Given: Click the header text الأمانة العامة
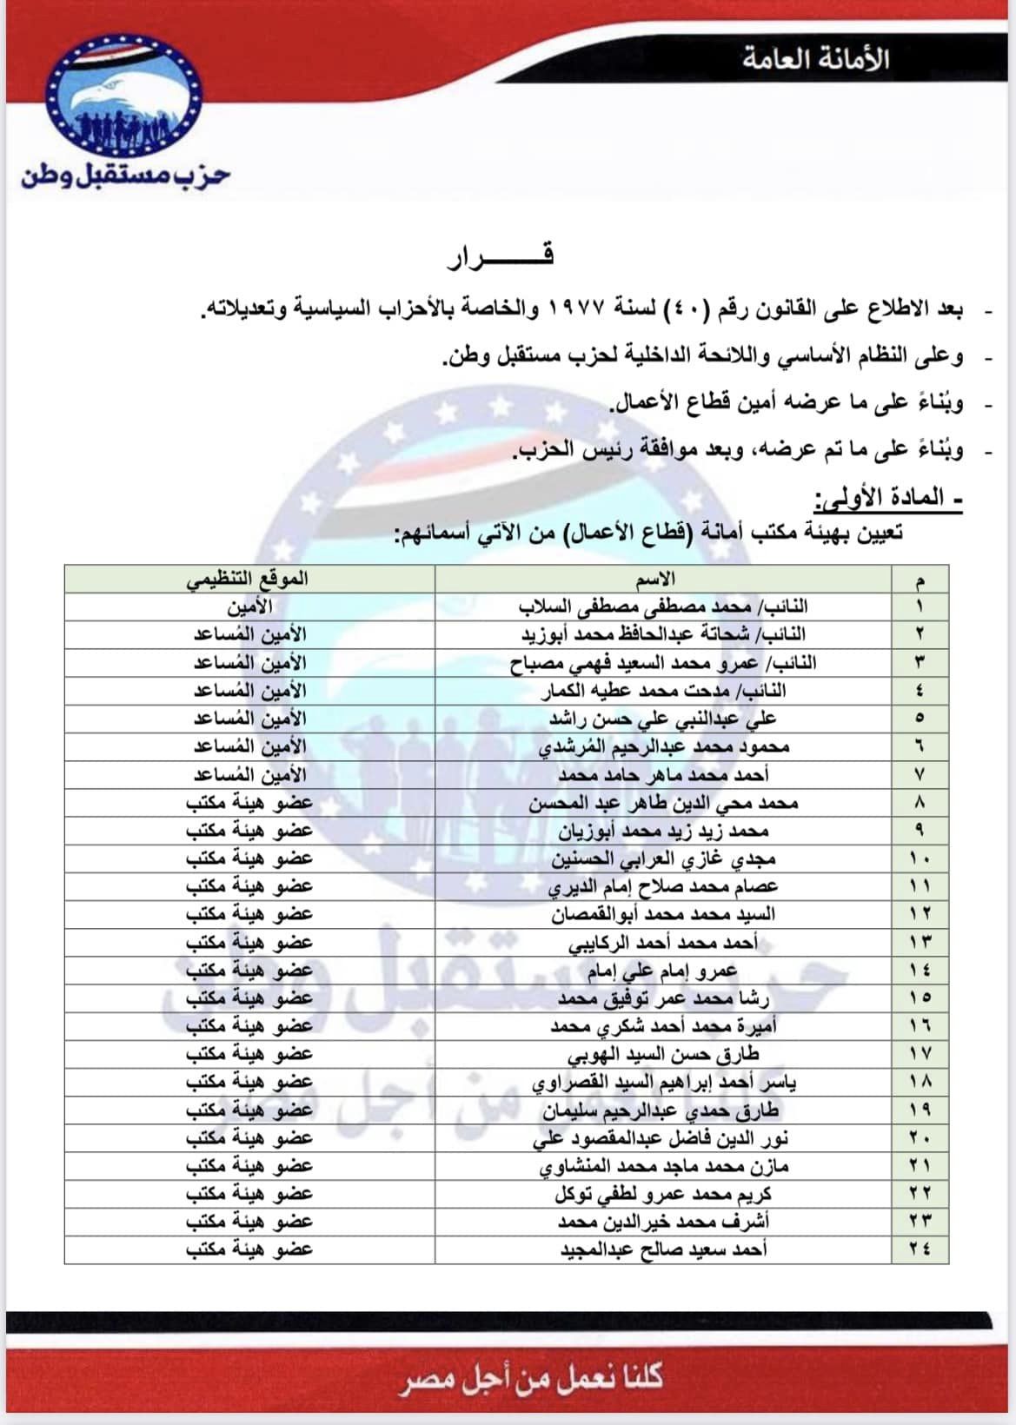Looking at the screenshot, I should tap(815, 59).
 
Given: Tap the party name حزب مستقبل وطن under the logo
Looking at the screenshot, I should tap(125, 175).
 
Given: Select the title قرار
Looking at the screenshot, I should tap(501, 255).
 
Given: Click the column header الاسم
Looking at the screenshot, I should tap(664, 579).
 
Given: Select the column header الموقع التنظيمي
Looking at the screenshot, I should tap(248, 579).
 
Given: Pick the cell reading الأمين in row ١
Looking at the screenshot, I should tap(249, 606).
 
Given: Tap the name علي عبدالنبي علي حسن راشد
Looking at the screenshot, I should tap(662, 719).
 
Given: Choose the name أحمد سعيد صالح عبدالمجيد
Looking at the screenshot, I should tap(662, 1249).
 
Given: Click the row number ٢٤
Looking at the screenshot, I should tap(920, 1249).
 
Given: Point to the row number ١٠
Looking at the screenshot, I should tap(920, 858).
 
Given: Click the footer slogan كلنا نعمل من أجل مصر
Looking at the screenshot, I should tap(531, 1377).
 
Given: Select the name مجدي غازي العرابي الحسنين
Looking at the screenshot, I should tap(662, 858).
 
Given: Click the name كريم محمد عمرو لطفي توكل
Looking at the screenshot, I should tap(662, 1194).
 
